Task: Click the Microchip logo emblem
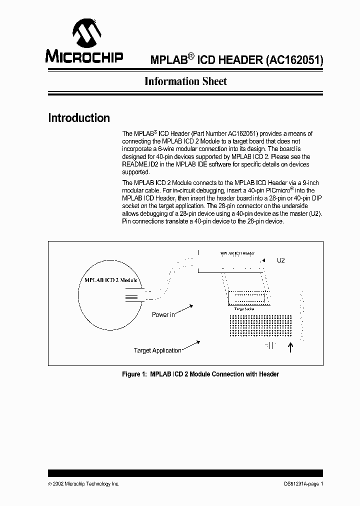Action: coord(84,33)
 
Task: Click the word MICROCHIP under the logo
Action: coord(84,56)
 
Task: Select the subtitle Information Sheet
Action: coord(185,81)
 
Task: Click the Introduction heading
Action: coord(79,118)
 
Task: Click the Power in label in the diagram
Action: coord(163,315)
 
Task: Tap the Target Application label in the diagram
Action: coord(157,350)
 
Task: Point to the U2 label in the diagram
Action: coord(280,260)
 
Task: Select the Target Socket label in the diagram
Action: coord(243,309)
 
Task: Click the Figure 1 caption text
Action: coord(200,374)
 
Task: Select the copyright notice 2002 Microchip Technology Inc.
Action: coord(83,484)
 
